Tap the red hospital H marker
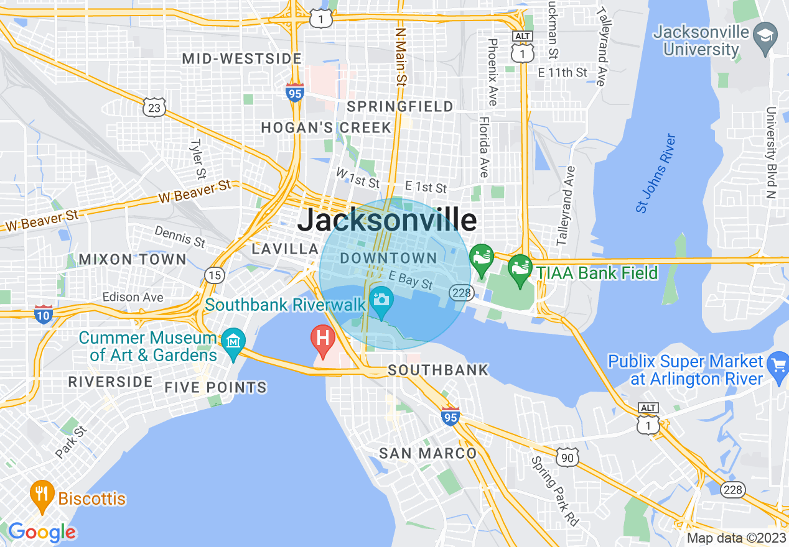(x=323, y=339)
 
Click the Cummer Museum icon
(x=233, y=342)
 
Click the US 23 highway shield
(x=153, y=109)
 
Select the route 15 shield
(x=215, y=275)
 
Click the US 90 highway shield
(x=567, y=457)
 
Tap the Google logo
(x=42, y=532)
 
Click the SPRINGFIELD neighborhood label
(x=400, y=107)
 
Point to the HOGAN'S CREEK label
(x=326, y=128)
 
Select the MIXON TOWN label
(x=133, y=259)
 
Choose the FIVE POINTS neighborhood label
(x=216, y=387)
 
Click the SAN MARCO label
(x=428, y=453)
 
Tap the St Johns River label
(x=656, y=173)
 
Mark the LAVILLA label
(x=285, y=249)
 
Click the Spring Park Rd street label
(x=554, y=491)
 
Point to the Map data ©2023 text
(x=736, y=538)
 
